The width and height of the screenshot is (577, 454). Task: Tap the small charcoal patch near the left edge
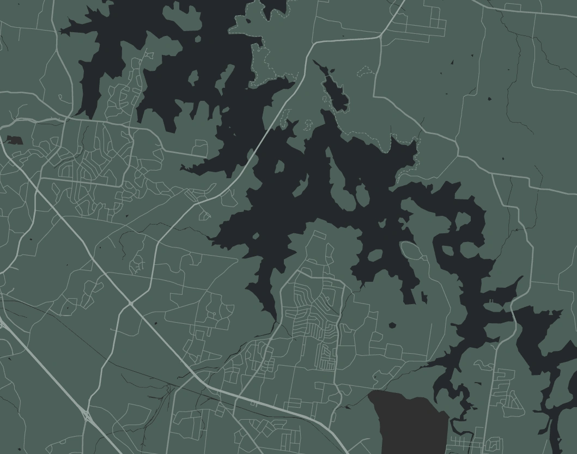coord(14,140)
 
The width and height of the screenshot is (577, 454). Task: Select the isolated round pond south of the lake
coord(392,325)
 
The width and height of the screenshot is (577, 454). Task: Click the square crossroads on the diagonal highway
coord(131,303)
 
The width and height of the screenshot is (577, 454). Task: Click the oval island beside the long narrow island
coord(360,195)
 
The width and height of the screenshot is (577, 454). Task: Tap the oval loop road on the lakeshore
coord(412,251)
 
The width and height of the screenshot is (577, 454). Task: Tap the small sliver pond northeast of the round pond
coord(424,298)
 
